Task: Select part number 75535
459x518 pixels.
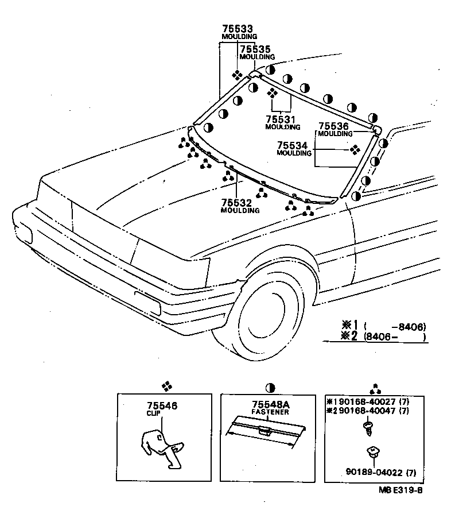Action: [x=255, y=49]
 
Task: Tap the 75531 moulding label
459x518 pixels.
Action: [x=280, y=119]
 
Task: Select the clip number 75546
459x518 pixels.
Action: [x=161, y=405]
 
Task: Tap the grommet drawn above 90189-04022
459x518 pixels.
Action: [x=374, y=454]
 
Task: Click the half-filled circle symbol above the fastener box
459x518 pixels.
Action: [x=270, y=386]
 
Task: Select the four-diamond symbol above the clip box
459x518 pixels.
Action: [x=166, y=386]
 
